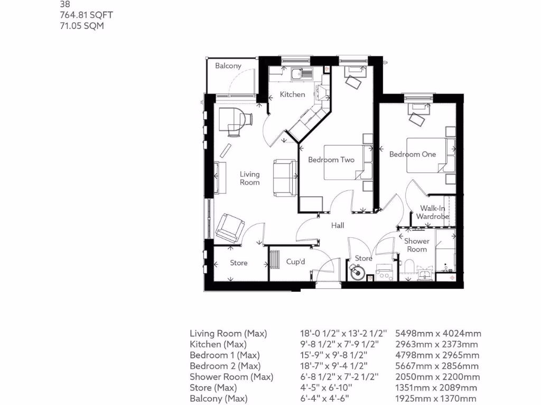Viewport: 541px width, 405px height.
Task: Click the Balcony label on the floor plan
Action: [228, 66]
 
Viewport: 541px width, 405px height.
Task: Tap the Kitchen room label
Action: [292, 94]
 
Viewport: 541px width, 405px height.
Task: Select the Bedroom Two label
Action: [331, 160]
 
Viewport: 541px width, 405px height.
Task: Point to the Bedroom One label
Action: [413, 154]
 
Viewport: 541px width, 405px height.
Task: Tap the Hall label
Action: [338, 225]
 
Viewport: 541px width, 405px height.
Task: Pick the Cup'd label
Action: [296, 261]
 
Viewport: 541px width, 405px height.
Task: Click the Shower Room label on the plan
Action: [417, 245]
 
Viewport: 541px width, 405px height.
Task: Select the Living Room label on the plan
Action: [250, 178]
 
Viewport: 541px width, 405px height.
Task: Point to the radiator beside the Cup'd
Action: [275, 259]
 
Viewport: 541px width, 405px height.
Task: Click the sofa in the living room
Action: [284, 177]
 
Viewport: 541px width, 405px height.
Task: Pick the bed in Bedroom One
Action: [426, 155]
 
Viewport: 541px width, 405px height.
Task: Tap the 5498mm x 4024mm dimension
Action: [438, 333]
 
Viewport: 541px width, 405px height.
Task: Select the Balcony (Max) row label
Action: [218, 399]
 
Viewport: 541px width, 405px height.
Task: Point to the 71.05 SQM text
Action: [81, 25]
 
